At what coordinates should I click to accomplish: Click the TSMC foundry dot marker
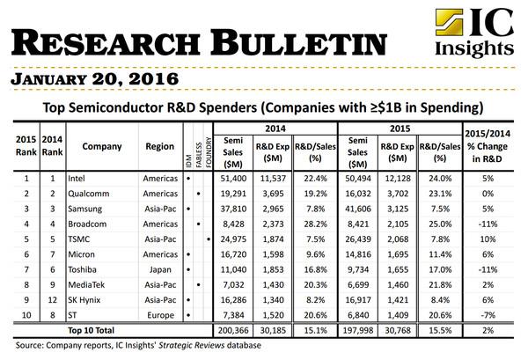(x=208, y=239)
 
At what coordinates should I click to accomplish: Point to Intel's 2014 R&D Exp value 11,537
(x=275, y=177)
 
